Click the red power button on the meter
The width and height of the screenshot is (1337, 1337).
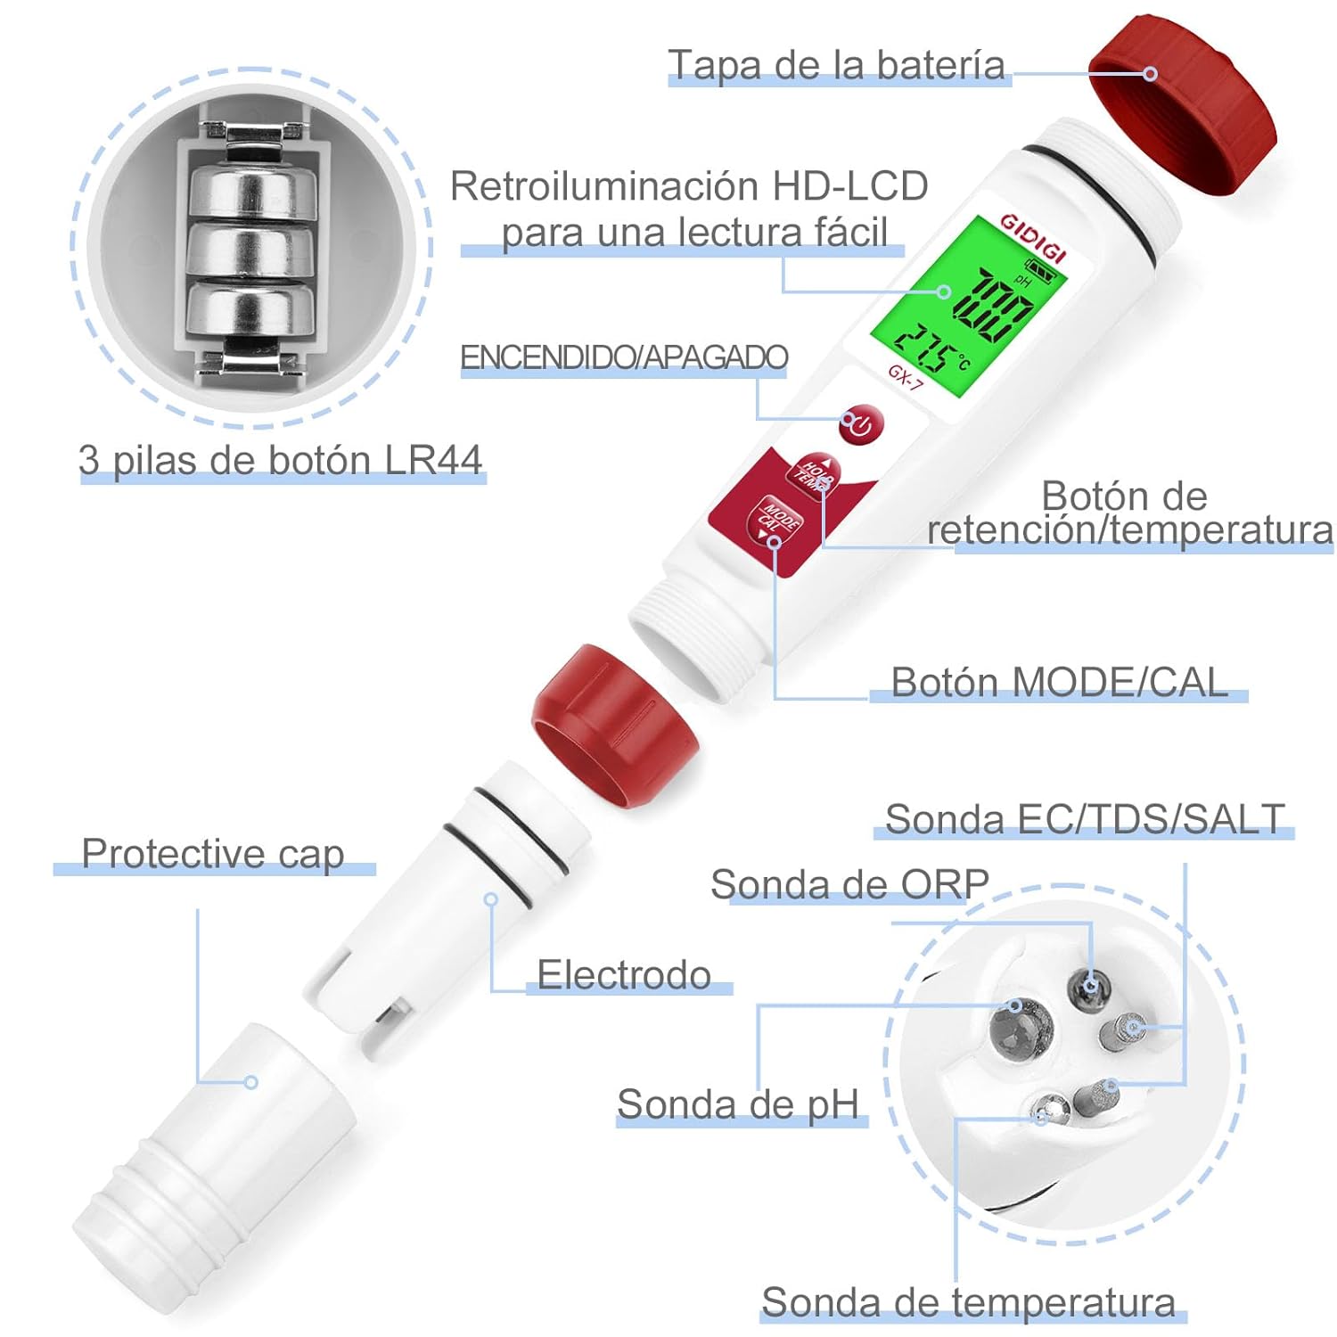[861, 425]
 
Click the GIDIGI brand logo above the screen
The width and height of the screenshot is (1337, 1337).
[1033, 237]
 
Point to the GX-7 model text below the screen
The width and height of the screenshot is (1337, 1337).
[906, 377]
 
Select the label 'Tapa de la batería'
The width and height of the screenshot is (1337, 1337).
[836, 65]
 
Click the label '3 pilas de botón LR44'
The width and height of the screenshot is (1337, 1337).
[280, 460]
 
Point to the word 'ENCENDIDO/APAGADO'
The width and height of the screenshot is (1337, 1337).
[623, 357]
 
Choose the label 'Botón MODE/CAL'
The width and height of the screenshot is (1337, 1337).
[1059, 682]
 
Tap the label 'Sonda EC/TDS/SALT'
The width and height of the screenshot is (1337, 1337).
[1085, 819]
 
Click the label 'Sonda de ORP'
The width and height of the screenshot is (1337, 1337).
[849, 884]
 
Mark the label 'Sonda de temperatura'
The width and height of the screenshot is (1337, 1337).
[968, 1302]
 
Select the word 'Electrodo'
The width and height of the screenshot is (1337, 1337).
[624, 974]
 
